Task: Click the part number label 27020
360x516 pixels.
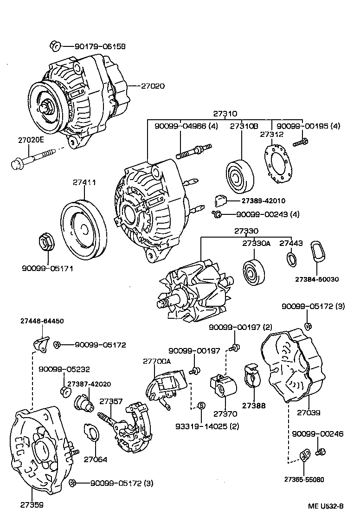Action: [153, 86]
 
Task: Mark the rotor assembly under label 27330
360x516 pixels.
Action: [195, 290]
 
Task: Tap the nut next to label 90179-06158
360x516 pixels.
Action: [54, 46]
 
